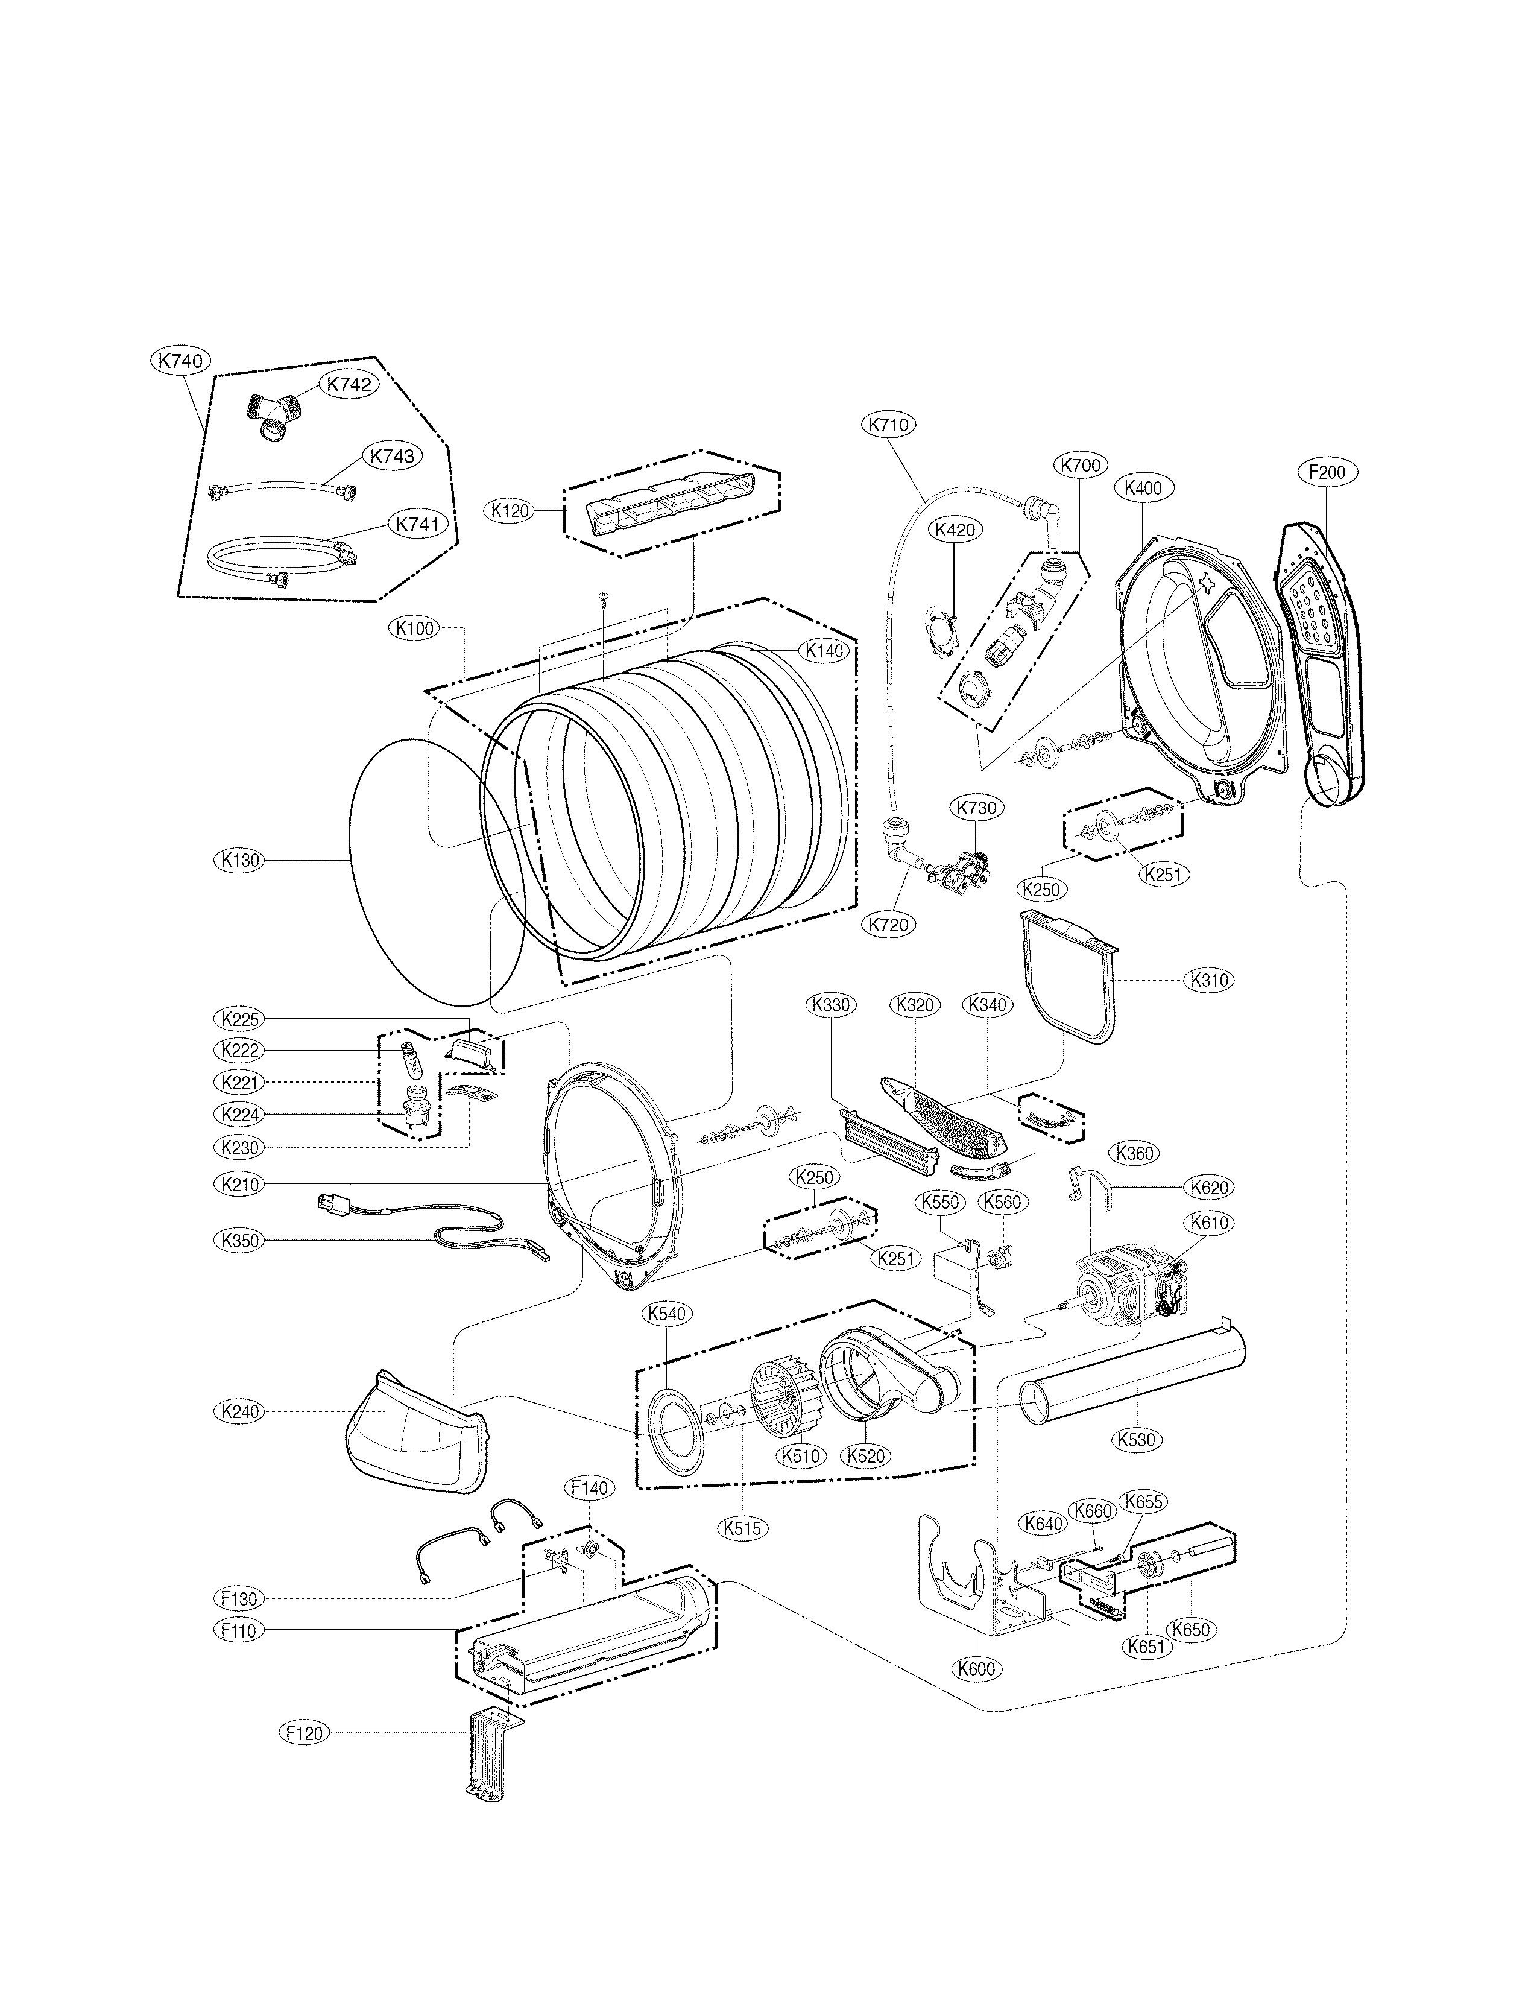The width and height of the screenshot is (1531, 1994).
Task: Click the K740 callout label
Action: [x=180, y=361]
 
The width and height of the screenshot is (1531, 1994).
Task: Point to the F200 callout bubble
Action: [x=1326, y=472]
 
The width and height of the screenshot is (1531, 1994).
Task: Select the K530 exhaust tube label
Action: [x=1135, y=1440]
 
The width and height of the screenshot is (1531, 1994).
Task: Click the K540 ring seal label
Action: [x=667, y=1313]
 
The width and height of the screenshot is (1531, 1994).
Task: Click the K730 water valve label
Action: [x=976, y=808]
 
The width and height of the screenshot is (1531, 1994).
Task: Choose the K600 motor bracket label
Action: [x=976, y=1670]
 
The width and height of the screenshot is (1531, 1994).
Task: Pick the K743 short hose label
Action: [x=392, y=455]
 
